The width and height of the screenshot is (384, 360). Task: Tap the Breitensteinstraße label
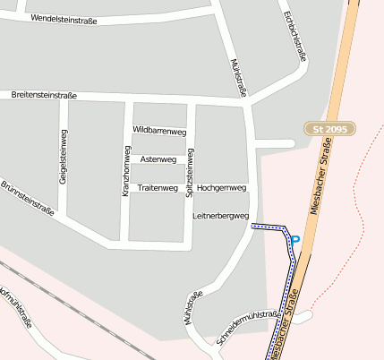pyautogui.click(x=44, y=95)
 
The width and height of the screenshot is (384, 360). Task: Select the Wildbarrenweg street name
pyautogui.click(x=158, y=131)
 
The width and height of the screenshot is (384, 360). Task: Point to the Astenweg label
pyautogui.click(x=159, y=159)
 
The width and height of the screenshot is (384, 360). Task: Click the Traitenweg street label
pyautogui.click(x=158, y=188)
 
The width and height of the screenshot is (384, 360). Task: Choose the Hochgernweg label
pyautogui.click(x=221, y=188)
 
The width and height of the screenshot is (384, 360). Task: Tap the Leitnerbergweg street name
pyautogui.click(x=220, y=216)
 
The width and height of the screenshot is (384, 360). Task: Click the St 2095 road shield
pyautogui.click(x=329, y=129)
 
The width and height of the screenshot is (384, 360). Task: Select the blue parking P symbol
pyautogui.click(x=294, y=239)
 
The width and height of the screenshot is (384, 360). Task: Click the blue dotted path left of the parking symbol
pyautogui.click(x=268, y=227)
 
